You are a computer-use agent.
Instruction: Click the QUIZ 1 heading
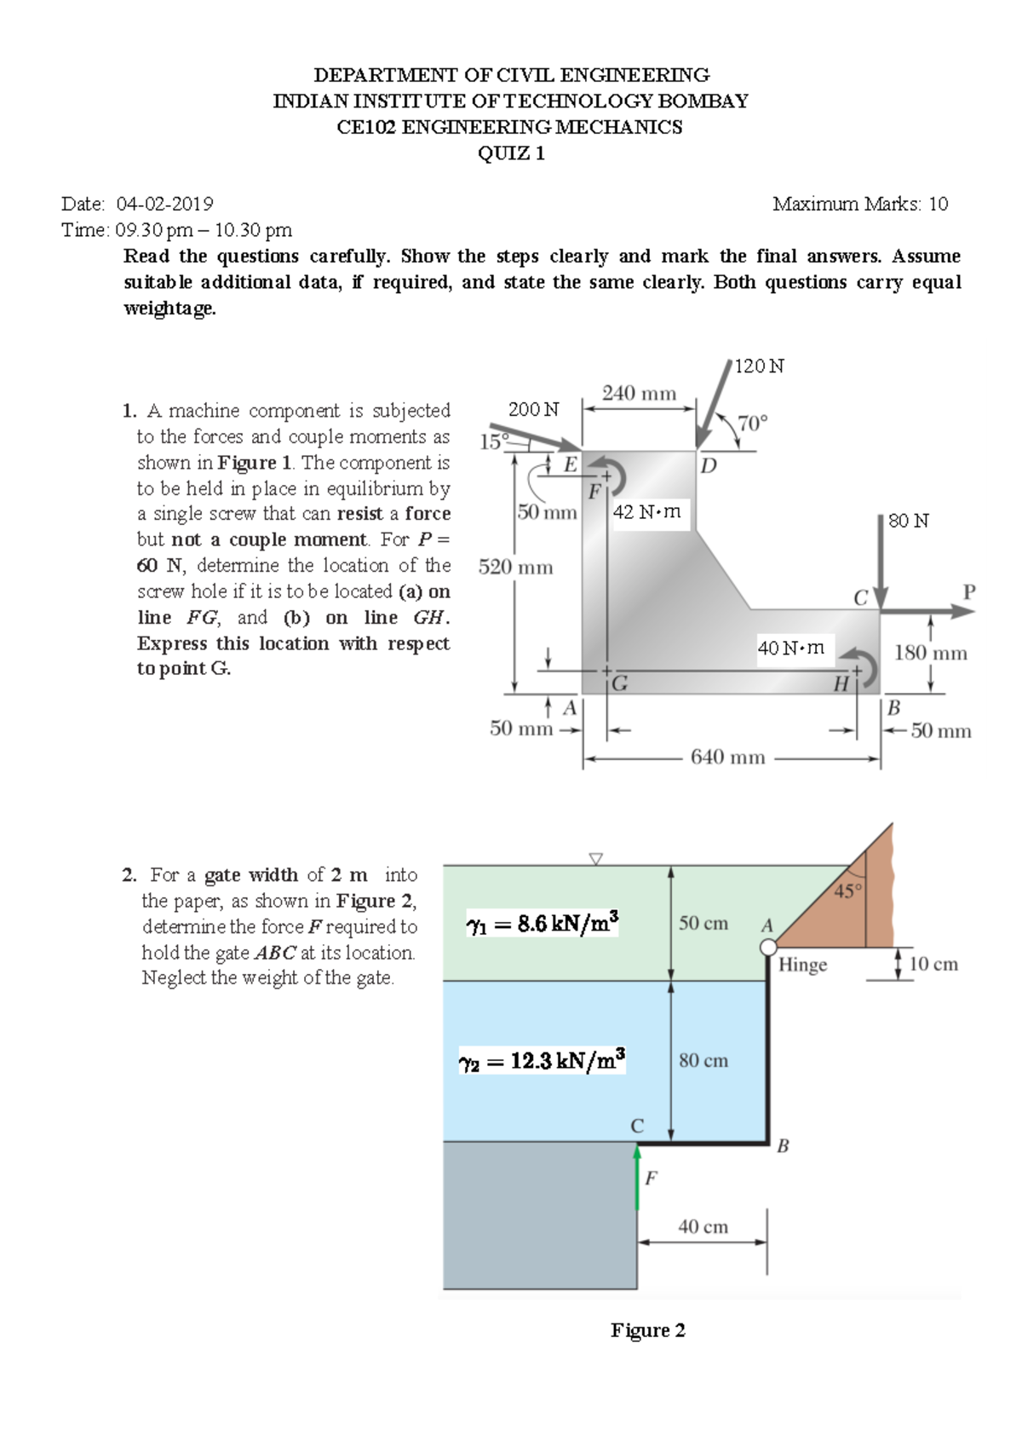[x=511, y=153]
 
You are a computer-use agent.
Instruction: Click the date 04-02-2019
[x=164, y=204]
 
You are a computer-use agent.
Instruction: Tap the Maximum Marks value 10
[x=938, y=204]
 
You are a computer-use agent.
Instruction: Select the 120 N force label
[x=759, y=366]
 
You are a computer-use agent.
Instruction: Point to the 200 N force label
[x=533, y=410]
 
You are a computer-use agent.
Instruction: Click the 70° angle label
[x=752, y=424]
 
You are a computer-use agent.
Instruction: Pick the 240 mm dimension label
[x=639, y=394]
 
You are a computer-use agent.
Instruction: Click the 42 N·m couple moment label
[x=647, y=512]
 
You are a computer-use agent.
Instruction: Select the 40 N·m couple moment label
[x=791, y=648]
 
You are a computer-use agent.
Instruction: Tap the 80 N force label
[x=909, y=521]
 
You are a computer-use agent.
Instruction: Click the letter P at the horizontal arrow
[x=968, y=591]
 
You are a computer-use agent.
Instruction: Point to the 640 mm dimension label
[x=727, y=758]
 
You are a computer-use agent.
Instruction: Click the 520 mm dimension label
[x=515, y=568]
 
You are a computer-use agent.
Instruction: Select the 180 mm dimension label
[x=930, y=654]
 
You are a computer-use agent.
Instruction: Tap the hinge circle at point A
[x=768, y=947]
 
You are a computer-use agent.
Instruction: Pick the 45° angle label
[x=847, y=891]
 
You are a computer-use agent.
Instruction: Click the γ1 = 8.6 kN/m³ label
[x=543, y=924]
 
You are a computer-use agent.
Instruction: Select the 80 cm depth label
[x=703, y=1061]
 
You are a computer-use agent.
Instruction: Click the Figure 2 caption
[x=647, y=1330]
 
